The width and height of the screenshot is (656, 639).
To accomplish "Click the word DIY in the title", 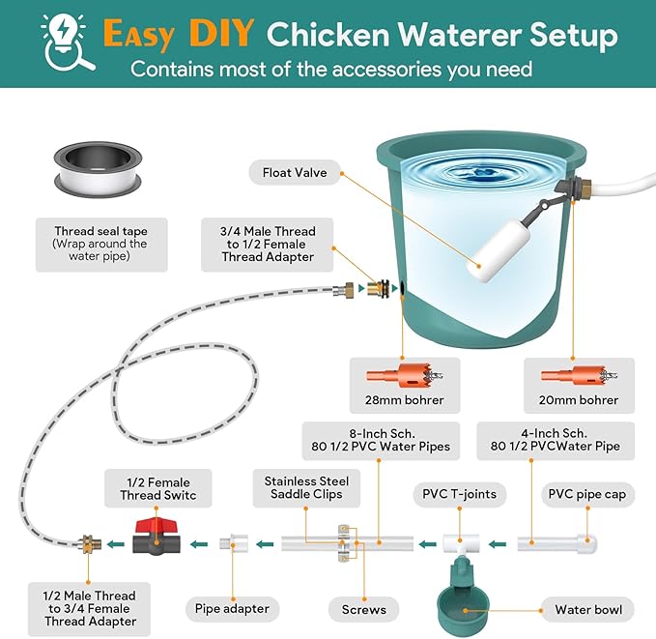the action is [221, 33].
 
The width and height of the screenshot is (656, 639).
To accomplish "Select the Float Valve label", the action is [295, 172].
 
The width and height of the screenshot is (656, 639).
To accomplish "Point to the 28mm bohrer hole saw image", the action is [405, 376].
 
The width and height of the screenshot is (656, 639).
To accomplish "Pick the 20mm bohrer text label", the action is [579, 400].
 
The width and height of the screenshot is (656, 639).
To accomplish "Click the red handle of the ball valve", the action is [157, 525].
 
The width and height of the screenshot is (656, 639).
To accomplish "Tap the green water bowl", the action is [463, 598].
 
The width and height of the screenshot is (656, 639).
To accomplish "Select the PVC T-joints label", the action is [459, 494].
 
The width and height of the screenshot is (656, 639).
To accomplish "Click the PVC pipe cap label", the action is [587, 494].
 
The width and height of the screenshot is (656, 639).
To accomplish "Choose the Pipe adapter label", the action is [232, 609].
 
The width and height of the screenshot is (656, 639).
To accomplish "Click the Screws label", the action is [363, 609].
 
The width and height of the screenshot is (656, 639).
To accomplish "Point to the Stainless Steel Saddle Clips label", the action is [306, 488].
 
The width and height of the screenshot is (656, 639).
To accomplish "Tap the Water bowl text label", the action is [588, 610].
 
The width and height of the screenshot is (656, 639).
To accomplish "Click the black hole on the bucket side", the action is [403, 288].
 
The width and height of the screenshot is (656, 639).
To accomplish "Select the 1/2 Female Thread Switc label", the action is [158, 488].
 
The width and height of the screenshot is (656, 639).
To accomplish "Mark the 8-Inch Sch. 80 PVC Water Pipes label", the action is [381, 441].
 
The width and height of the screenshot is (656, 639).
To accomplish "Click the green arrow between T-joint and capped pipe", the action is [498, 544].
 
